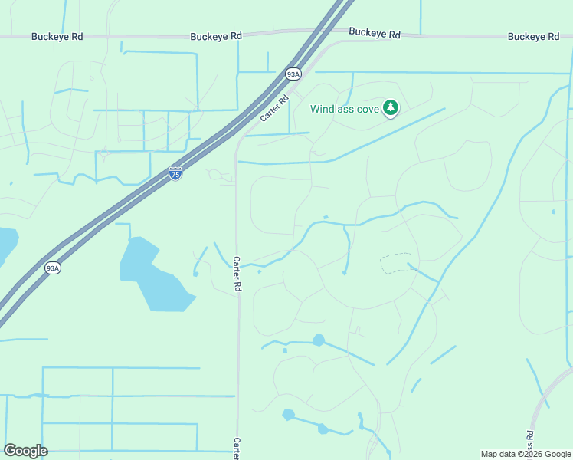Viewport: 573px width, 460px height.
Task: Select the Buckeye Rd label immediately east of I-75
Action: [x=375, y=34]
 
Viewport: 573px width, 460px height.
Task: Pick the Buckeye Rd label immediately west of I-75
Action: [x=216, y=36]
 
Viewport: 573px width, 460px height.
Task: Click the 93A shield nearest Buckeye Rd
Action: [x=293, y=74]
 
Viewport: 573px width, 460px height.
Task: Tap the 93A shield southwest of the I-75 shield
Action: [x=52, y=268]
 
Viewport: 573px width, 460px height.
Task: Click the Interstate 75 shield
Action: [x=175, y=173]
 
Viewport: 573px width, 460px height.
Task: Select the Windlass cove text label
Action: [x=345, y=109]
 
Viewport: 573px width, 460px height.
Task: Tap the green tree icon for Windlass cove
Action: [x=391, y=108]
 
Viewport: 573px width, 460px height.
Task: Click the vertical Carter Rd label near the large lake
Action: [x=237, y=274]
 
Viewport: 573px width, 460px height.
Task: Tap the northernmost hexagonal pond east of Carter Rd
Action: [x=318, y=340]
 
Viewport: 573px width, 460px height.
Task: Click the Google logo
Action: [x=25, y=451]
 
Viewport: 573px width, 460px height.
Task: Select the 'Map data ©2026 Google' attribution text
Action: [x=525, y=454]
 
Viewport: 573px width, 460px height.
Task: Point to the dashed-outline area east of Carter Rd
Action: [x=395, y=263]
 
